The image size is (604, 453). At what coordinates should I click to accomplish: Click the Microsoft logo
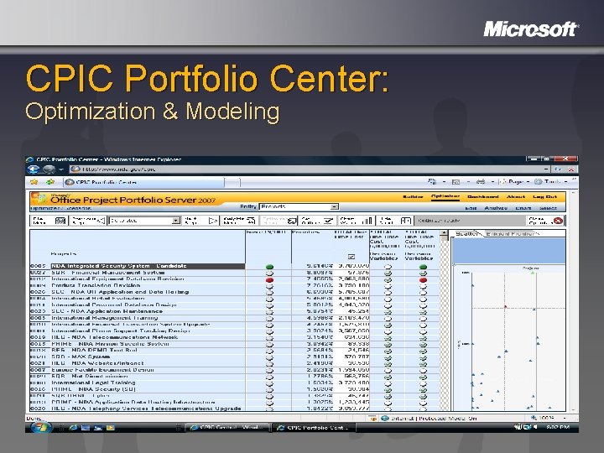point(530,29)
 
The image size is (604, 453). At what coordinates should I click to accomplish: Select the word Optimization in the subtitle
point(87,112)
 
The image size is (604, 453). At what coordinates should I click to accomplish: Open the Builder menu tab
point(413,195)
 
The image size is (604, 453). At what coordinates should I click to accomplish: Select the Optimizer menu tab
point(445,195)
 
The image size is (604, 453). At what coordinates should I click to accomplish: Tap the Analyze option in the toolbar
point(495,208)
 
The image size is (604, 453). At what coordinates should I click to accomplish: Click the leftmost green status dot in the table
point(269,267)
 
